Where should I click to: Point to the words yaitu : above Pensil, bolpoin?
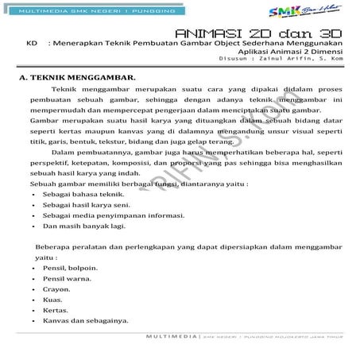(47, 258)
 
